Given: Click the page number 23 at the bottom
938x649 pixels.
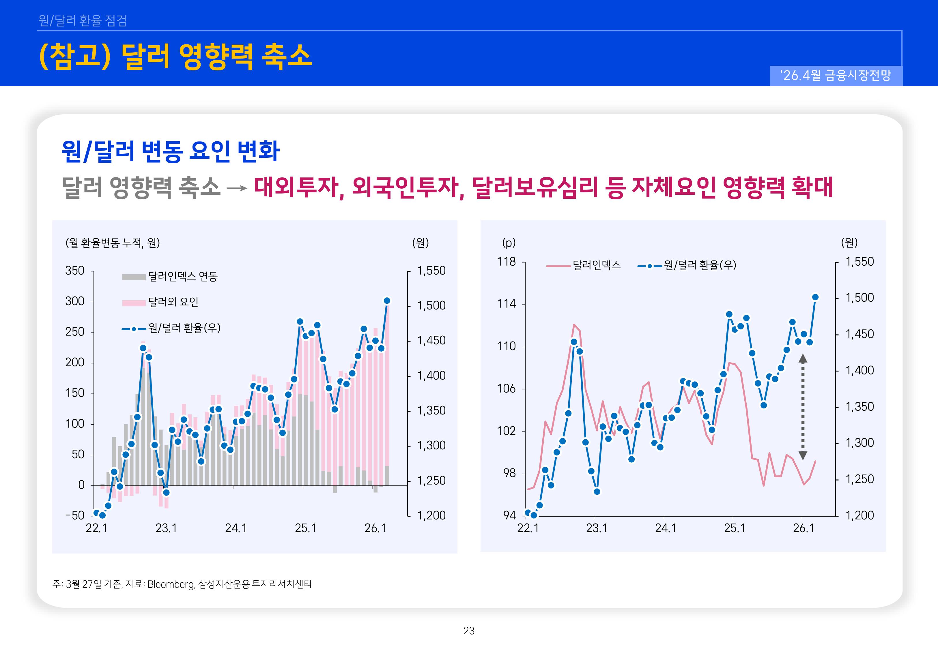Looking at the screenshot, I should click(469, 631).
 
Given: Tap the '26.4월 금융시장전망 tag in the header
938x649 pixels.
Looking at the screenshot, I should click(836, 75).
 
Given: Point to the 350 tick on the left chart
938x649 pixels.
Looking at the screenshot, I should click(75, 271).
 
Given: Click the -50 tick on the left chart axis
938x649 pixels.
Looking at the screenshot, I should click(75, 516).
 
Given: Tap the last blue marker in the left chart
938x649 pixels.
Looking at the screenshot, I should click(387, 301).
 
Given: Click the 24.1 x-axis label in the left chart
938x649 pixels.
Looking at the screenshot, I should click(236, 528).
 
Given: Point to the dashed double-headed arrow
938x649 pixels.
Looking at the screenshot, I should click(803, 407).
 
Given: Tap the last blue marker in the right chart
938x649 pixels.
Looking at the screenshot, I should click(815, 297).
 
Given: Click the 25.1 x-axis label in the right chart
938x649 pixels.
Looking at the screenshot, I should click(735, 528).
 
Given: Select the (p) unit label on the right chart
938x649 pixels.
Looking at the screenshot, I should click(509, 243).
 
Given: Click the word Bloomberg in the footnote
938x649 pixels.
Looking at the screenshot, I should click(171, 584).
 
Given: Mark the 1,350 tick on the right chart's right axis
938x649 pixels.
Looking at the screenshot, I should click(859, 407).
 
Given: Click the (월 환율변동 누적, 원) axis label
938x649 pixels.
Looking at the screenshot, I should click(113, 243).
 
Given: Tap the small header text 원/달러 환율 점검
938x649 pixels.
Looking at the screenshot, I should click(83, 20).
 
